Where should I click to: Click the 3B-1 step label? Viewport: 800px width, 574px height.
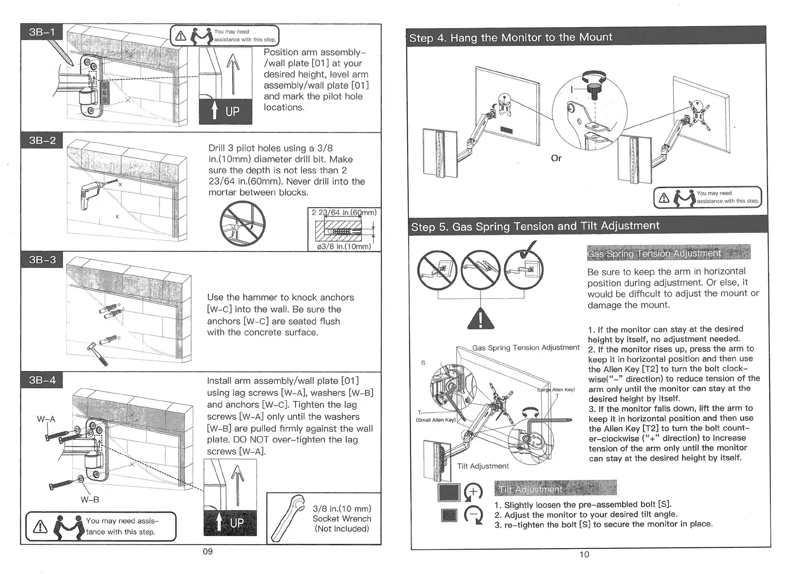coord(42,33)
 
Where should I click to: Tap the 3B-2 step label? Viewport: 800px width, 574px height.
coord(42,140)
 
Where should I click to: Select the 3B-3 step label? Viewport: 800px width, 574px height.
coord(42,260)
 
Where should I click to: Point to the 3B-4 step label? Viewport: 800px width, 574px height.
coord(42,380)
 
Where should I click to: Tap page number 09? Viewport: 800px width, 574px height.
coord(208,552)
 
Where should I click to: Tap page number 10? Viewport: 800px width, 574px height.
coord(584,555)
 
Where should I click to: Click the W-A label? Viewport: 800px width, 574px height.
coord(47,419)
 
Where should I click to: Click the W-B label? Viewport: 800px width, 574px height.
coord(90,500)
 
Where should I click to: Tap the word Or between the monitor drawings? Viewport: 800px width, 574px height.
coord(556,158)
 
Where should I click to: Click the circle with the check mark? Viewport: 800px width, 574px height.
coord(524,268)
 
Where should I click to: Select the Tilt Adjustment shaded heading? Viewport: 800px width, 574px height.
coord(555,488)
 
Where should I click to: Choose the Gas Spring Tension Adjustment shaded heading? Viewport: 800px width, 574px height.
coord(668,253)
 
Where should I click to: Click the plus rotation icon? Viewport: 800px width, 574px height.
coord(474,492)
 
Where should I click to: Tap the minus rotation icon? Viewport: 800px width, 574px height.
coord(474,515)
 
